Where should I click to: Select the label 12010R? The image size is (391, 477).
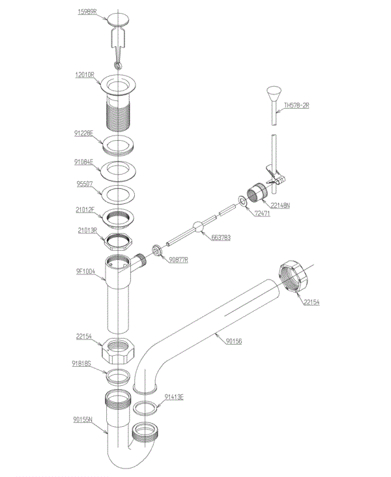[x=86, y=76]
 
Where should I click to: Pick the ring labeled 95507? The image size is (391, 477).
[x=118, y=194]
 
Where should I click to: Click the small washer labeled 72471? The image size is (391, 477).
[x=242, y=201]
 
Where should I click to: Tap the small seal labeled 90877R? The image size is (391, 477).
[x=157, y=251]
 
